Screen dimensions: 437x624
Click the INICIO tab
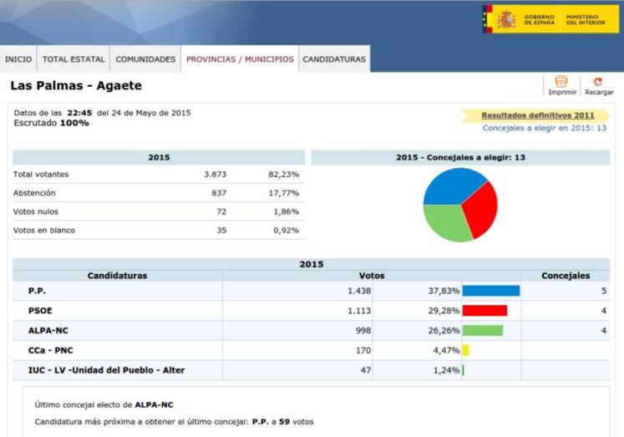pyautogui.click(x=18, y=59)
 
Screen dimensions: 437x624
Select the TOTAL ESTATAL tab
pyautogui.click(x=74, y=59)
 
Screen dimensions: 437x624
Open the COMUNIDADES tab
pyautogui.click(x=145, y=59)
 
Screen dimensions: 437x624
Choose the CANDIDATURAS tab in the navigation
pyautogui.click(x=333, y=59)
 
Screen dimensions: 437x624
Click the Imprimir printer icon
pyautogui.click(x=561, y=82)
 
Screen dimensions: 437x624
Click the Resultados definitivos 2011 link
pyautogui.click(x=538, y=115)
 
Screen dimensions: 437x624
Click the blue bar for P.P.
pyautogui.click(x=490, y=291)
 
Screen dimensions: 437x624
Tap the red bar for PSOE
pyautogui.click(x=484, y=311)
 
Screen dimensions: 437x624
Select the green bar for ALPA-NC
pyautogui.click(x=482, y=330)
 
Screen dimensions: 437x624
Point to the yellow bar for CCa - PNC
pyautogui.click(x=465, y=350)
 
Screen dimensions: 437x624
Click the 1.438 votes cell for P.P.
pyautogui.click(x=358, y=291)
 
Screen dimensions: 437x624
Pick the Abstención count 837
pyautogui.click(x=215, y=193)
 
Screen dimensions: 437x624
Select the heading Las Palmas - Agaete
pyautogui.click(x=76, y=86)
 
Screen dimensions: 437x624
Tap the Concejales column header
pyautogui.click(x=566, y=276)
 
